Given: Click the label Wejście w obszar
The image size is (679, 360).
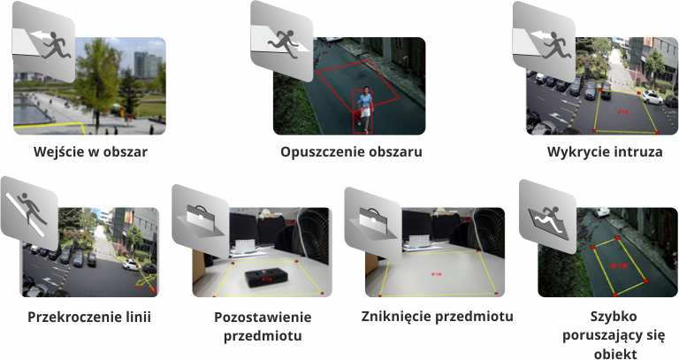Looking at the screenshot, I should [x=89, y=151].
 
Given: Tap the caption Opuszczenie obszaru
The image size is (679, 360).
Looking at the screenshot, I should [x=351, y=151].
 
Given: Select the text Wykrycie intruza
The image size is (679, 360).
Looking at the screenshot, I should [x=605, y=151].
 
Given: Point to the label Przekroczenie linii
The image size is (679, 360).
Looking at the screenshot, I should [x=89, y=317].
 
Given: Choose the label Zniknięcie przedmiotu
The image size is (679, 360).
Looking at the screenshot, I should [x=437, y=316].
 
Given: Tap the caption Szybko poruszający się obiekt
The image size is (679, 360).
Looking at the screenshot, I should [x=613, y=335].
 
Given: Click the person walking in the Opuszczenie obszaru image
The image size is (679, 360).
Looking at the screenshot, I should [x=363, y=111].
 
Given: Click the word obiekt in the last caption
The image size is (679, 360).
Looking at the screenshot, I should [x=613, y=355].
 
